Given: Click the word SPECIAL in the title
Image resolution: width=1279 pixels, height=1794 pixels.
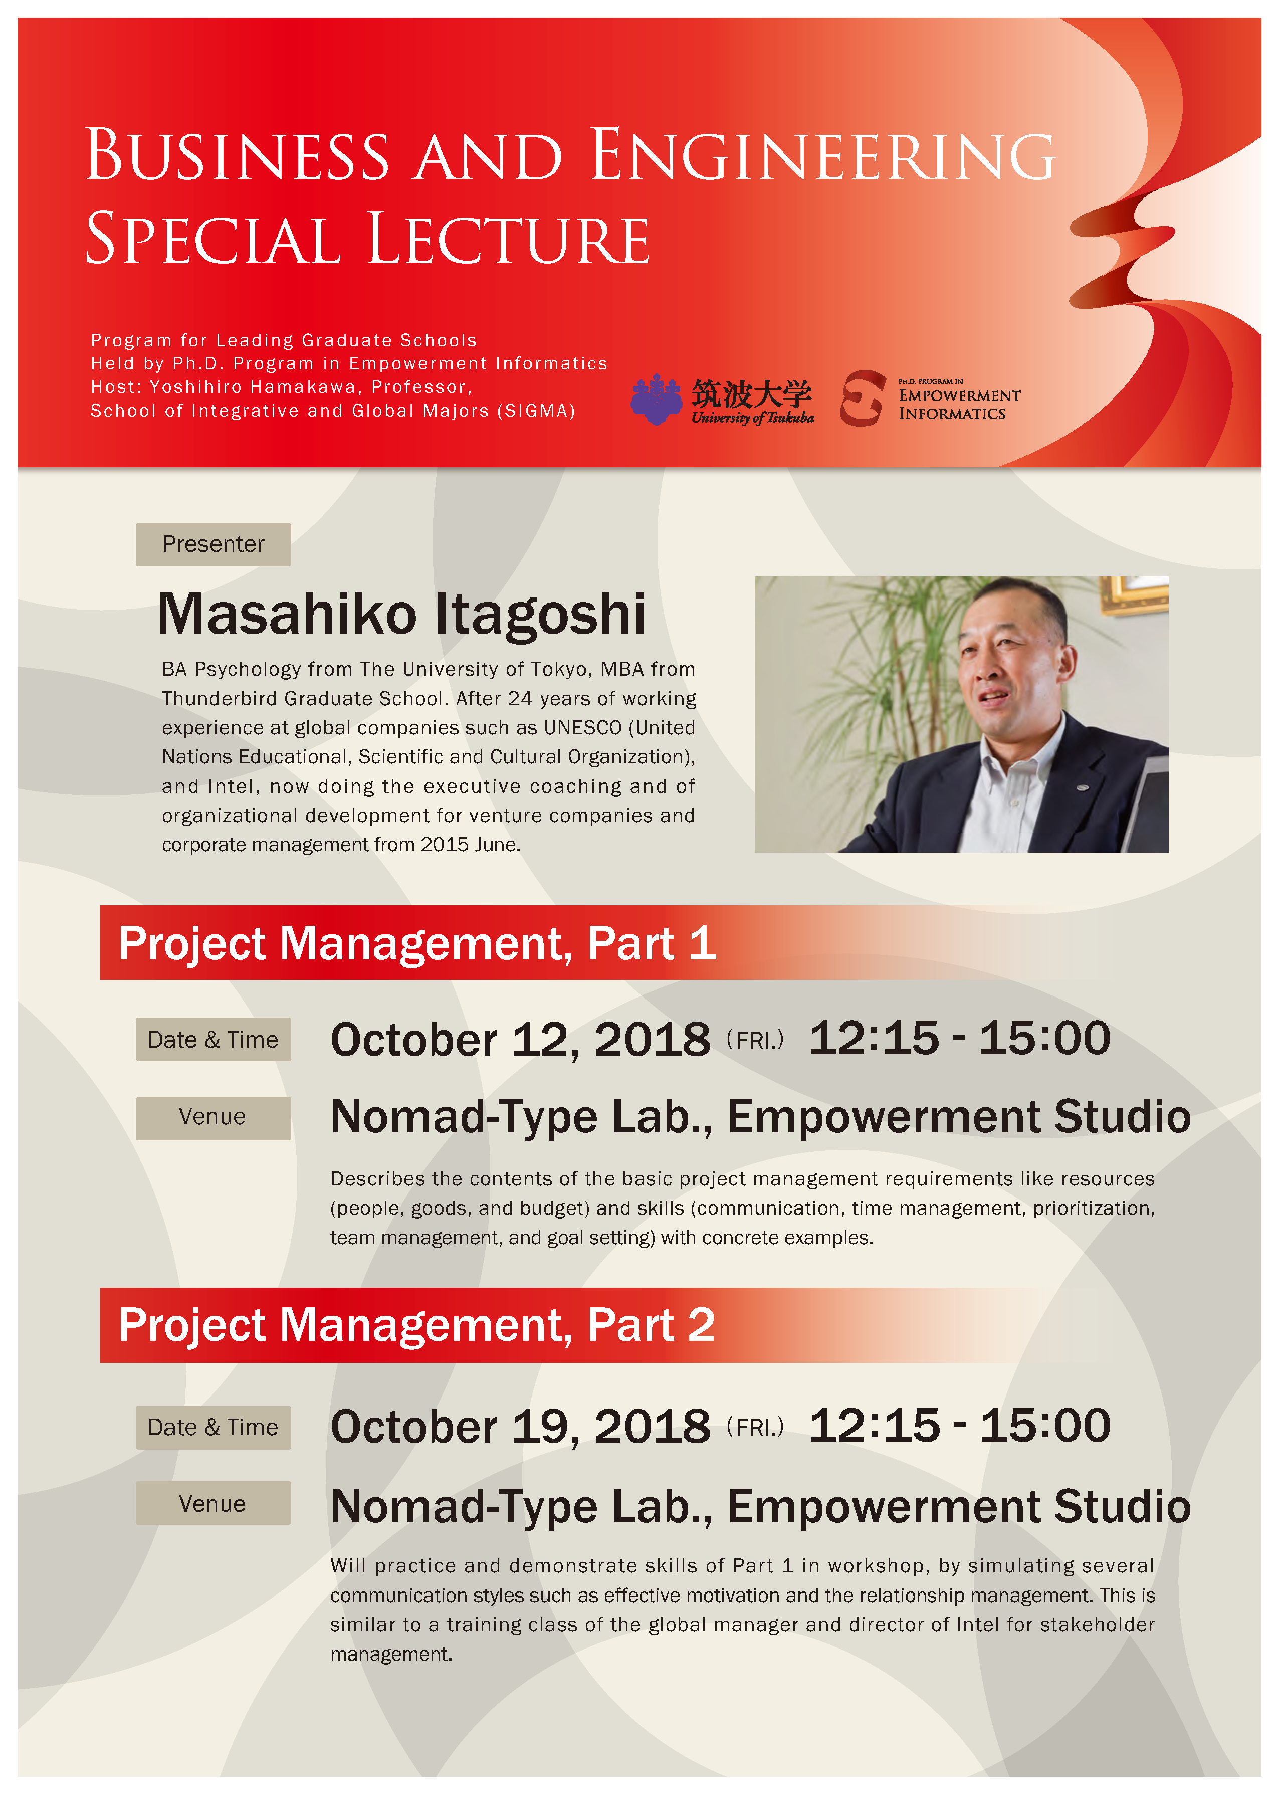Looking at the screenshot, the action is [212, 238].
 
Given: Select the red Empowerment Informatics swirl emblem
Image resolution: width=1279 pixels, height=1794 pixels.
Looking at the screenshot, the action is [863, 398].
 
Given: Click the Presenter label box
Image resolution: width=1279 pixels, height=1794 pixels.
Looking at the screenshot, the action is [214, 544].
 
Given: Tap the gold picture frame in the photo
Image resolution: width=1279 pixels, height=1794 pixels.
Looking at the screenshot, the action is [1133, 594].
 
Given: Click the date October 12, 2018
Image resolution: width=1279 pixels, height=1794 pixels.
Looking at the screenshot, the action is [520, 1040].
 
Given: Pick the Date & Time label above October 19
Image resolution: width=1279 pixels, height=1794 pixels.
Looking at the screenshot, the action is [214, 1427].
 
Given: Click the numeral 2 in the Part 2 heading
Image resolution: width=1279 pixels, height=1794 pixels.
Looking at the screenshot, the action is [701, 1325].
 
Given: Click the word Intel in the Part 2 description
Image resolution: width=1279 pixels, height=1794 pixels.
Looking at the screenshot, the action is [978, 1624].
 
